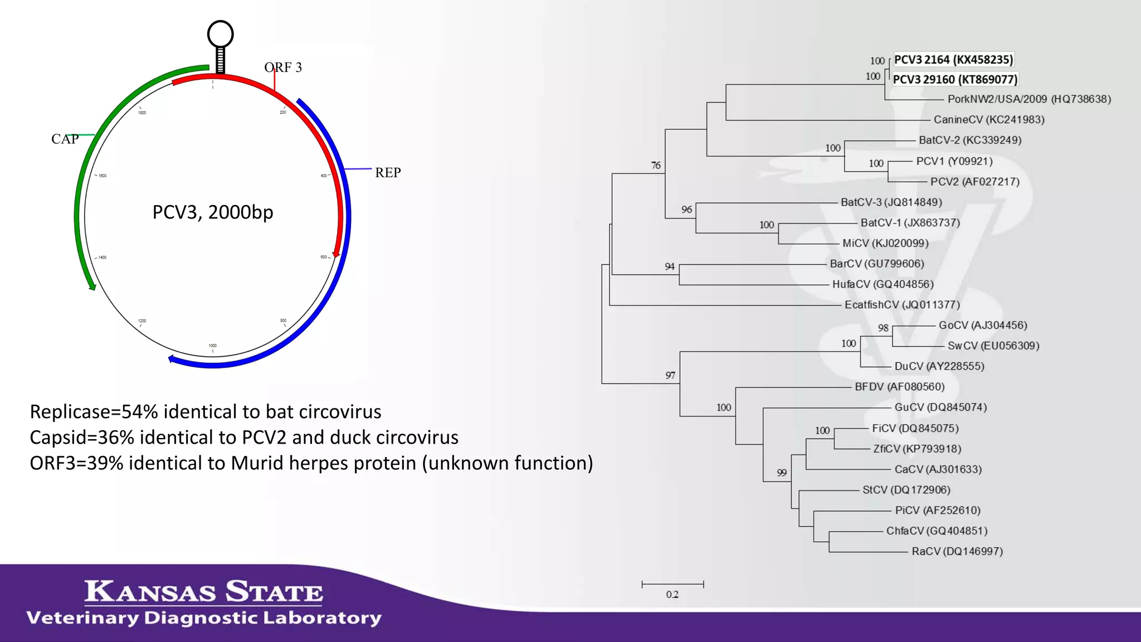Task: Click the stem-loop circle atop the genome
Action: (220, 34)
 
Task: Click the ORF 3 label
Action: (283, 67)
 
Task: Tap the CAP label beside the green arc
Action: (65, 139)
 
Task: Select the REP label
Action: (388, 173)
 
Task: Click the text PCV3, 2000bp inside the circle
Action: (213, 212)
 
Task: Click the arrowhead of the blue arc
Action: (172, 359)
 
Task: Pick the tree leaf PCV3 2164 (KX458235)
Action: (953, 60)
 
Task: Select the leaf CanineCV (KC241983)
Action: (988, 120)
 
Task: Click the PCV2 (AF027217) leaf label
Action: (974, 182)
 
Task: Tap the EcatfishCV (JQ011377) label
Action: (902, 305)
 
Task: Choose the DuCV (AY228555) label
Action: (939, 366)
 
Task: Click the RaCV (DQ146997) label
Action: (957, 551)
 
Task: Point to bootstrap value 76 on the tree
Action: (656, 166)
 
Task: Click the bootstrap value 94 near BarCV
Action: (670, 267)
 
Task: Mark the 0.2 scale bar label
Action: (672, 595)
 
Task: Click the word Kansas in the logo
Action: (150, 591)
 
